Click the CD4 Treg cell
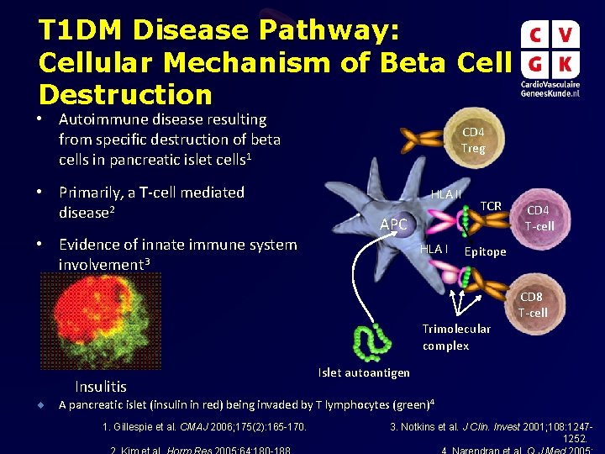click(472, 140)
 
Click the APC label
click(393, 224)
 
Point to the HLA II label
click(446, 194)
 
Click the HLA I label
click(434, 248)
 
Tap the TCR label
click(491, 207)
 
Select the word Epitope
click(485, 251)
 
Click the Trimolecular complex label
click(456, 337)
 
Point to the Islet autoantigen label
click(364, 372)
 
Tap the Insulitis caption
click(101, 387)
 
